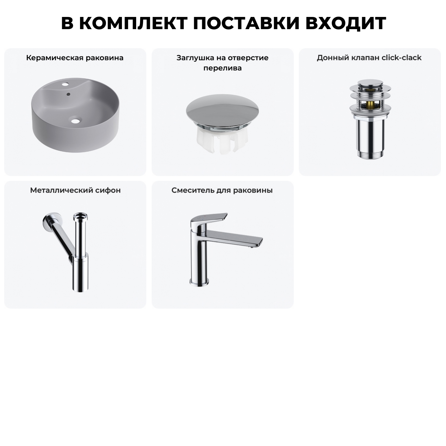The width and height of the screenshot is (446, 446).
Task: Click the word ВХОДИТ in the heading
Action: [346, 23]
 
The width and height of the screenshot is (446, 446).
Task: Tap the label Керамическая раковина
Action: [75, 58]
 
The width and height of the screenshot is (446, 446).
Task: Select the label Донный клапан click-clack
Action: [369, 58]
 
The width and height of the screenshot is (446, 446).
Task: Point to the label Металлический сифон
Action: [75, 190]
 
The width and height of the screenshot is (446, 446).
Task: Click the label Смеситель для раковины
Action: [222, 190]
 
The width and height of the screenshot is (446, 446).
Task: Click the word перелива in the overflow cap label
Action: [222, 68]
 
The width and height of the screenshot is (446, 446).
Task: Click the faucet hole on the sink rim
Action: [65, 84]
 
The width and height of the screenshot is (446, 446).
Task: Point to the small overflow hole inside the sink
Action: [69, 94]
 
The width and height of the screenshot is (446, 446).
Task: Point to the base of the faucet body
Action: [199, 281]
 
